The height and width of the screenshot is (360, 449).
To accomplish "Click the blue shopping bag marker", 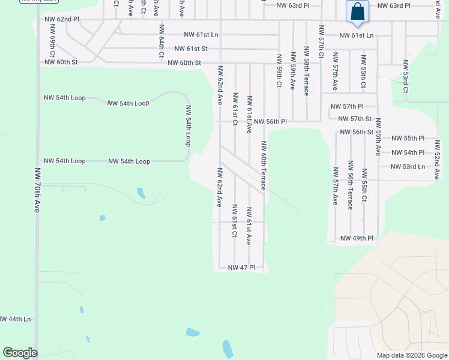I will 357,12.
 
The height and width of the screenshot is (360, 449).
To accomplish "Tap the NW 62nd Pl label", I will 62,20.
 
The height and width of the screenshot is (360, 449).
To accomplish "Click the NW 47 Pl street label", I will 242,267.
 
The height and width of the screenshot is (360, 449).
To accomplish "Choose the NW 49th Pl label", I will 357,238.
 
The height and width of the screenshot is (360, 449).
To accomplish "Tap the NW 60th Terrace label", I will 264,166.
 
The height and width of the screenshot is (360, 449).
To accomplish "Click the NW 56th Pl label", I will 270,122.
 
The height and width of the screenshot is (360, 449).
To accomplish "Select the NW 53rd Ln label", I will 408,167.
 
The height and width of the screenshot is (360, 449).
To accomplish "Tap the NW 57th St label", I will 355,119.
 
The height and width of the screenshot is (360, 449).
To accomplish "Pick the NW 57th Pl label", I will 347,106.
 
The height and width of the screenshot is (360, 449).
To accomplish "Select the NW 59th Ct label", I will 279,71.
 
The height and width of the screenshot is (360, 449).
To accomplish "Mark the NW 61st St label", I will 191,49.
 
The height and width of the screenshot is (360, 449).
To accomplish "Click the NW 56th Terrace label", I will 349,185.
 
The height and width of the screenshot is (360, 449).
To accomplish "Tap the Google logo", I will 20,353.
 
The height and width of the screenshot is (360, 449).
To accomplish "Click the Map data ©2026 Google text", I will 412,355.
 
